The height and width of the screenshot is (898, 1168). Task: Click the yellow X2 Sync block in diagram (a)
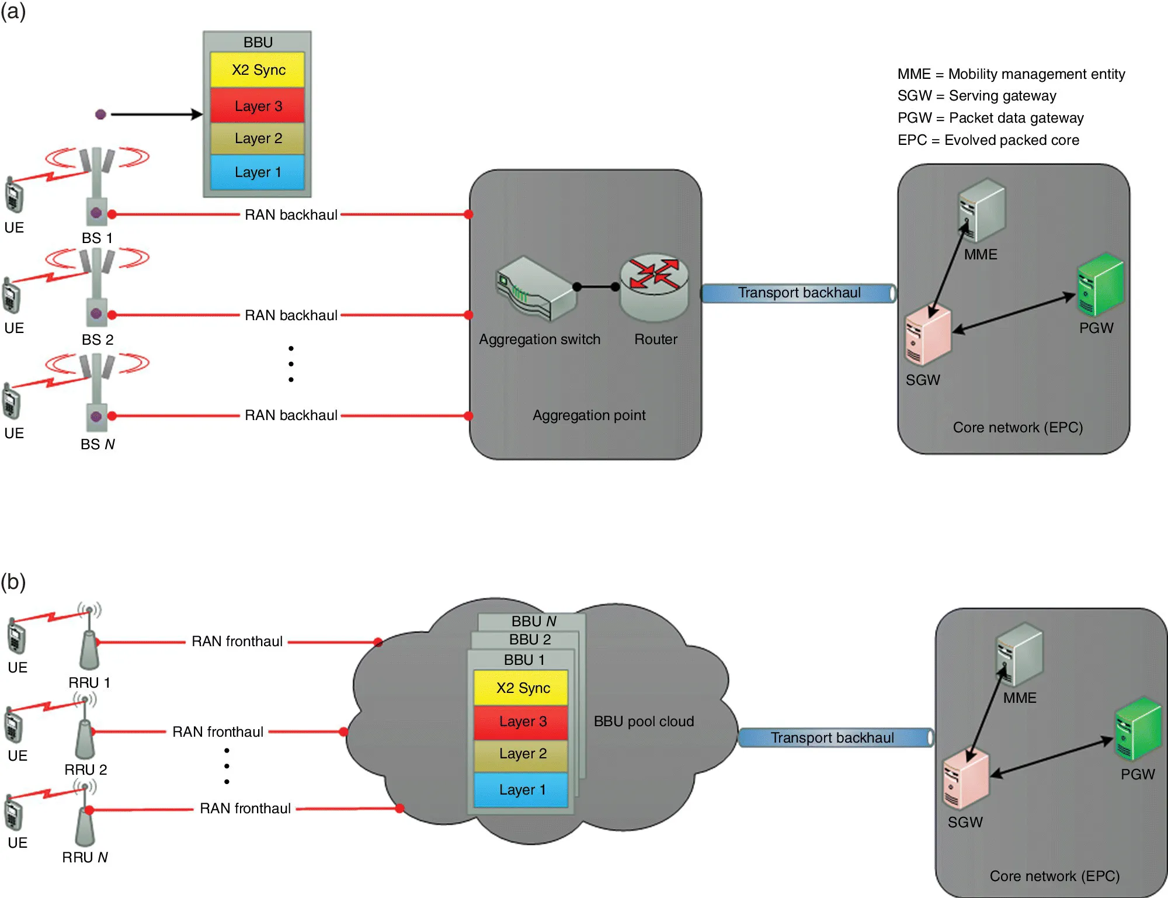coord(258,70)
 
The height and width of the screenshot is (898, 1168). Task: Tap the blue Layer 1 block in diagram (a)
coord(258,172)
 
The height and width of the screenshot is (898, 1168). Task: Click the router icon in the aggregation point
coord(654,286)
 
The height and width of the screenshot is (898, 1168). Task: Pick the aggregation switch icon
coord(534,289)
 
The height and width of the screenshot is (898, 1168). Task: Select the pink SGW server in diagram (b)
coord(965,780)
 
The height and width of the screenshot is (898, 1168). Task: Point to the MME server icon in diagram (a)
coord(981,210)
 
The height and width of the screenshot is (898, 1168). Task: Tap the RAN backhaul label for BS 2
coord(291,315)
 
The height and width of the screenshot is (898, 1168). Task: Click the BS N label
coord(98,445)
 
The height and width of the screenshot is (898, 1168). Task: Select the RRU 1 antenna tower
coord(89,643)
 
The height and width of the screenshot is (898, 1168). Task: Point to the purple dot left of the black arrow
coord(100,115)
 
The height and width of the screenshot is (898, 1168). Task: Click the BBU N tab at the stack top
coord(533,621)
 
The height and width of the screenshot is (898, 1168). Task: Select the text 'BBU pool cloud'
coord(644,722)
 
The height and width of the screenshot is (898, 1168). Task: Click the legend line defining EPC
coord(988,140)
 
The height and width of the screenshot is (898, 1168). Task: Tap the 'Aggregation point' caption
coord(589,415)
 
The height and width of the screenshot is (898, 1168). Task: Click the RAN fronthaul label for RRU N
coord(245,809)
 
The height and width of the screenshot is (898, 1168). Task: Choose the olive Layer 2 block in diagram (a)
coord(258,138)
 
